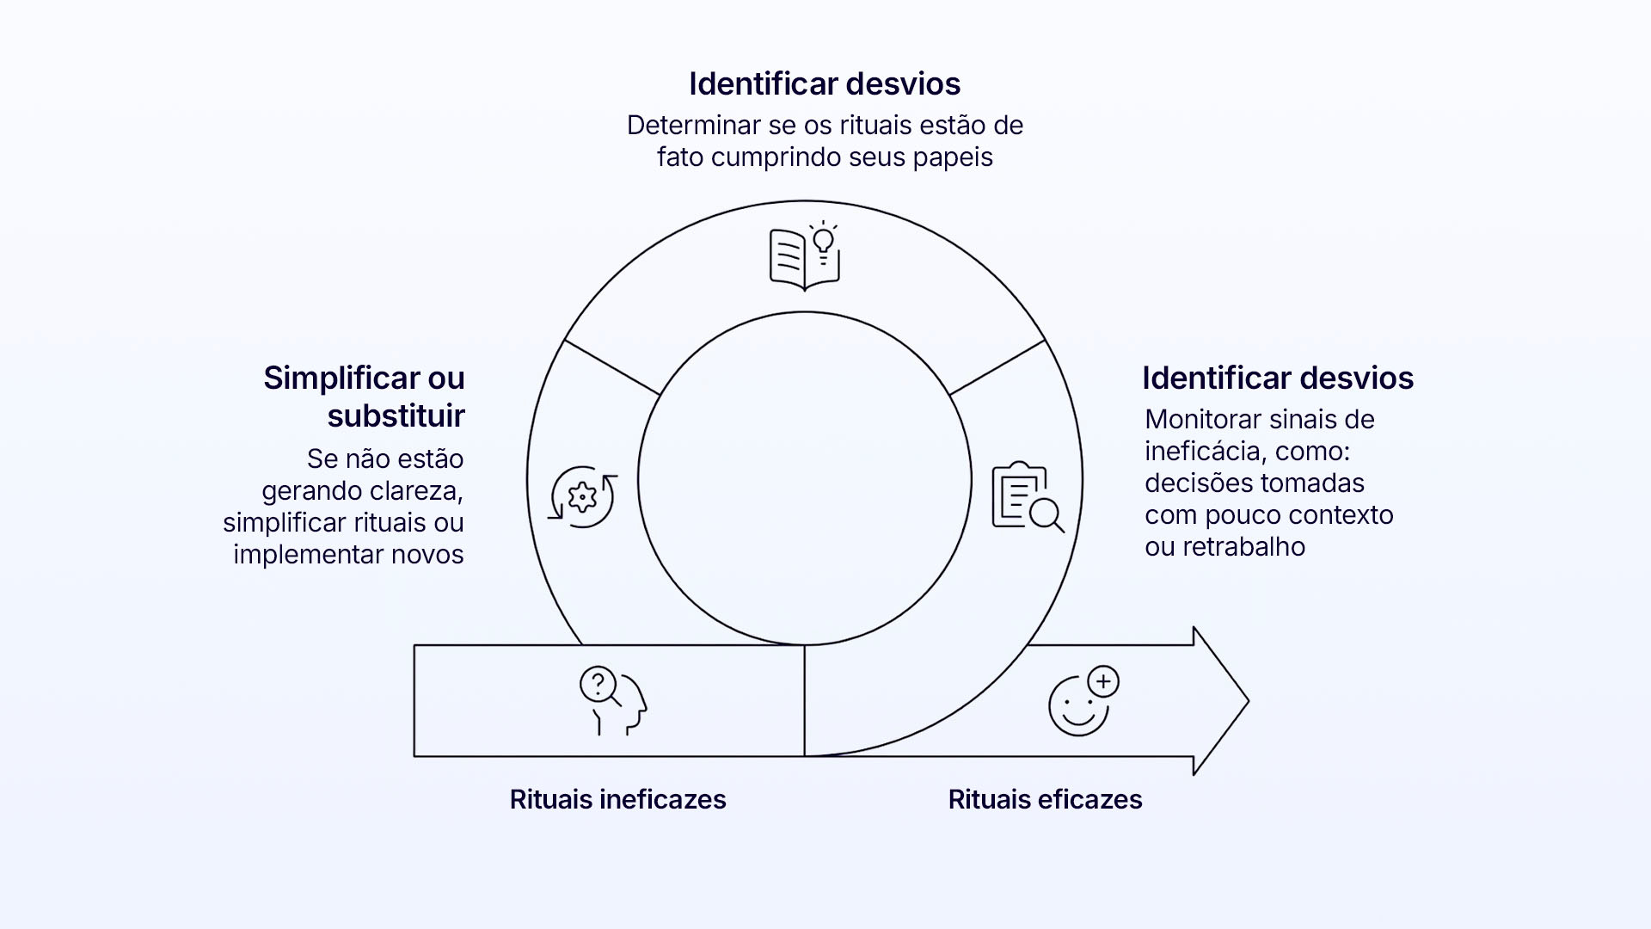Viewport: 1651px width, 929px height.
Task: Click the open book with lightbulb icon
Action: click(804, 256)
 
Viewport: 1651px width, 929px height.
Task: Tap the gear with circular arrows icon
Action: click(583, 496)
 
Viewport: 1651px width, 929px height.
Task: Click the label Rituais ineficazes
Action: click(617, 799)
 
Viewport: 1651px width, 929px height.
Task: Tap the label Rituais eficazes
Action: click(1045, 799)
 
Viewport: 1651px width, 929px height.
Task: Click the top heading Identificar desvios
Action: click(825, 83)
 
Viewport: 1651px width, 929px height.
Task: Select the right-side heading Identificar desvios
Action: click(1278, 378)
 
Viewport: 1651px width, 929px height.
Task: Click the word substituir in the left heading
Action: click(396, 415)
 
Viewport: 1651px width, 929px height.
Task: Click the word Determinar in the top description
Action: click(693, 126)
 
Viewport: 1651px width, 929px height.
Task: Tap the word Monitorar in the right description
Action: click(1200, 420)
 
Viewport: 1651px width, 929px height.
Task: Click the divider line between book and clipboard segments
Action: click(997, 367)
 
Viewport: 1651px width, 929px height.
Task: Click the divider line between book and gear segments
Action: click(611, 367)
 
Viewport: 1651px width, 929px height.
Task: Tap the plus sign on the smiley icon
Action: click(1103, 682)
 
